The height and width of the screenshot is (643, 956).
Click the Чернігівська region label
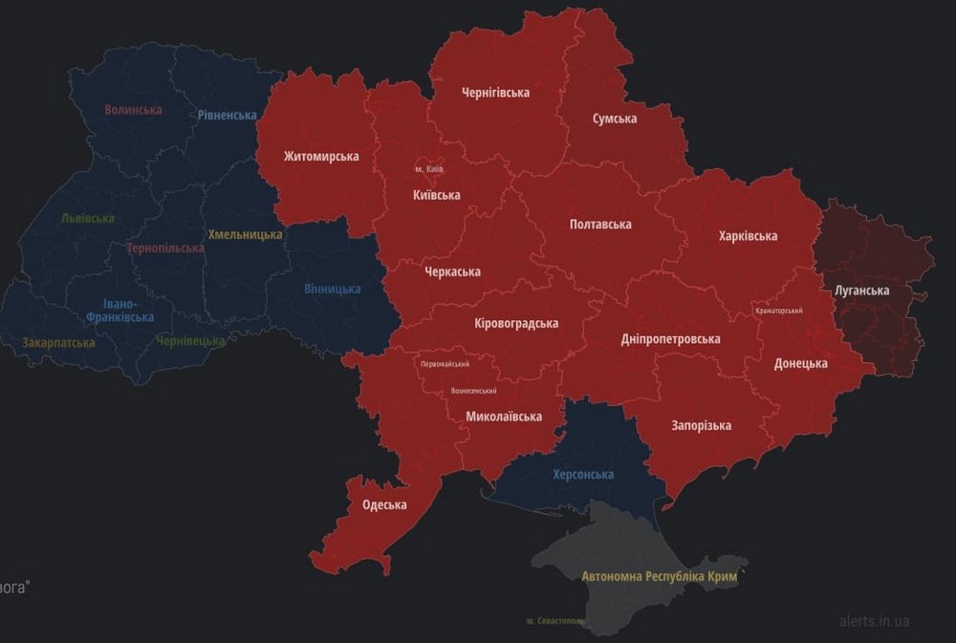tap(495, 93)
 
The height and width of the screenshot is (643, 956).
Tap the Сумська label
tap(615, 118)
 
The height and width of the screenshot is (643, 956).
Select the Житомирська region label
tap(321, 157)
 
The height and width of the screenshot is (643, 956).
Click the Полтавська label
tap(600, 225)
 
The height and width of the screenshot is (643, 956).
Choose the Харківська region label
tap(748, 236)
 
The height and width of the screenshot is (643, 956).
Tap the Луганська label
tap(861, 290)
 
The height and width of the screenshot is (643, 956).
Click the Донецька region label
tap(800, 364)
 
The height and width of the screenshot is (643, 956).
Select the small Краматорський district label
tap(778, 311)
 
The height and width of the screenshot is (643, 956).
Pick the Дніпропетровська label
tap(670, 339)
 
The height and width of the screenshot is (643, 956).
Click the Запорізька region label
tap(701, 425)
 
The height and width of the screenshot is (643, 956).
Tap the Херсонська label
tap(583, 475)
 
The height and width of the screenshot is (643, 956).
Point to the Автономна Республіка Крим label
tap(660, 577)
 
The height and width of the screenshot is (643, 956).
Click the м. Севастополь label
tap(555, 621)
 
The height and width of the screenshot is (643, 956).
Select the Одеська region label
tap(384, 505)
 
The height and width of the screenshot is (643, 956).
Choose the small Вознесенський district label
tap(473, 391)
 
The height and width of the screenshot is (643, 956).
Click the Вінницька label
tap(332, 289)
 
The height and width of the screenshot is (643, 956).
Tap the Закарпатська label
tap(59, 342)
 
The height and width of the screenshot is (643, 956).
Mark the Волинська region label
tap(133, 110)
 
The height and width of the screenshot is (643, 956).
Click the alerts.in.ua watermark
tap(874, 622)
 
